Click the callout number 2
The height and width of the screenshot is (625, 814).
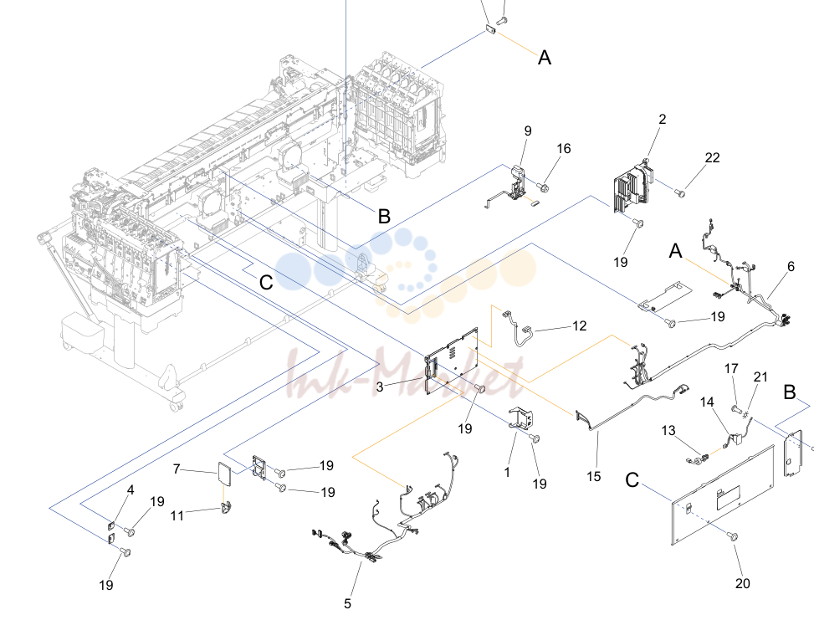tap(662, 119)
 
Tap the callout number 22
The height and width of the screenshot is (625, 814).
tap(712, 157)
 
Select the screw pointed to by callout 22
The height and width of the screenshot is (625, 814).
tap(679, 193)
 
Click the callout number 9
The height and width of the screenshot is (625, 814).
tap(528, 131)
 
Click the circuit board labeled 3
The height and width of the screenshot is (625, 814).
tap(451, 361)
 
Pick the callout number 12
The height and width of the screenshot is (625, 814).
tap(580, 325)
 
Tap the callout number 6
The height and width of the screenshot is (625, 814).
tap(791, 266)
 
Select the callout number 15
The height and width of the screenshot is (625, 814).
tap(593, 476)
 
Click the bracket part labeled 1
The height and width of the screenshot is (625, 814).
tap(520, 418)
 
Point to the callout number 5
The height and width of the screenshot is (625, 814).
tap(347, 603)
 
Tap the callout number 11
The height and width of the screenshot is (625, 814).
tap(177, 515)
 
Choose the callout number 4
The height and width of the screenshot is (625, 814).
tap(131, 490)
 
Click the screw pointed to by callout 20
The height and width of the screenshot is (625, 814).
tap(733, 537)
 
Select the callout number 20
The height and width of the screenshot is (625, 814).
tap(742, 583)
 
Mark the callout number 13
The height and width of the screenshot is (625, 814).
tap(668, 430)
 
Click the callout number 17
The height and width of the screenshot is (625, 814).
tap(731, 369)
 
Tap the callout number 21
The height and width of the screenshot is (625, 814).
tap(760, 377)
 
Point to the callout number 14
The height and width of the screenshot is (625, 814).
tap(707, 402)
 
